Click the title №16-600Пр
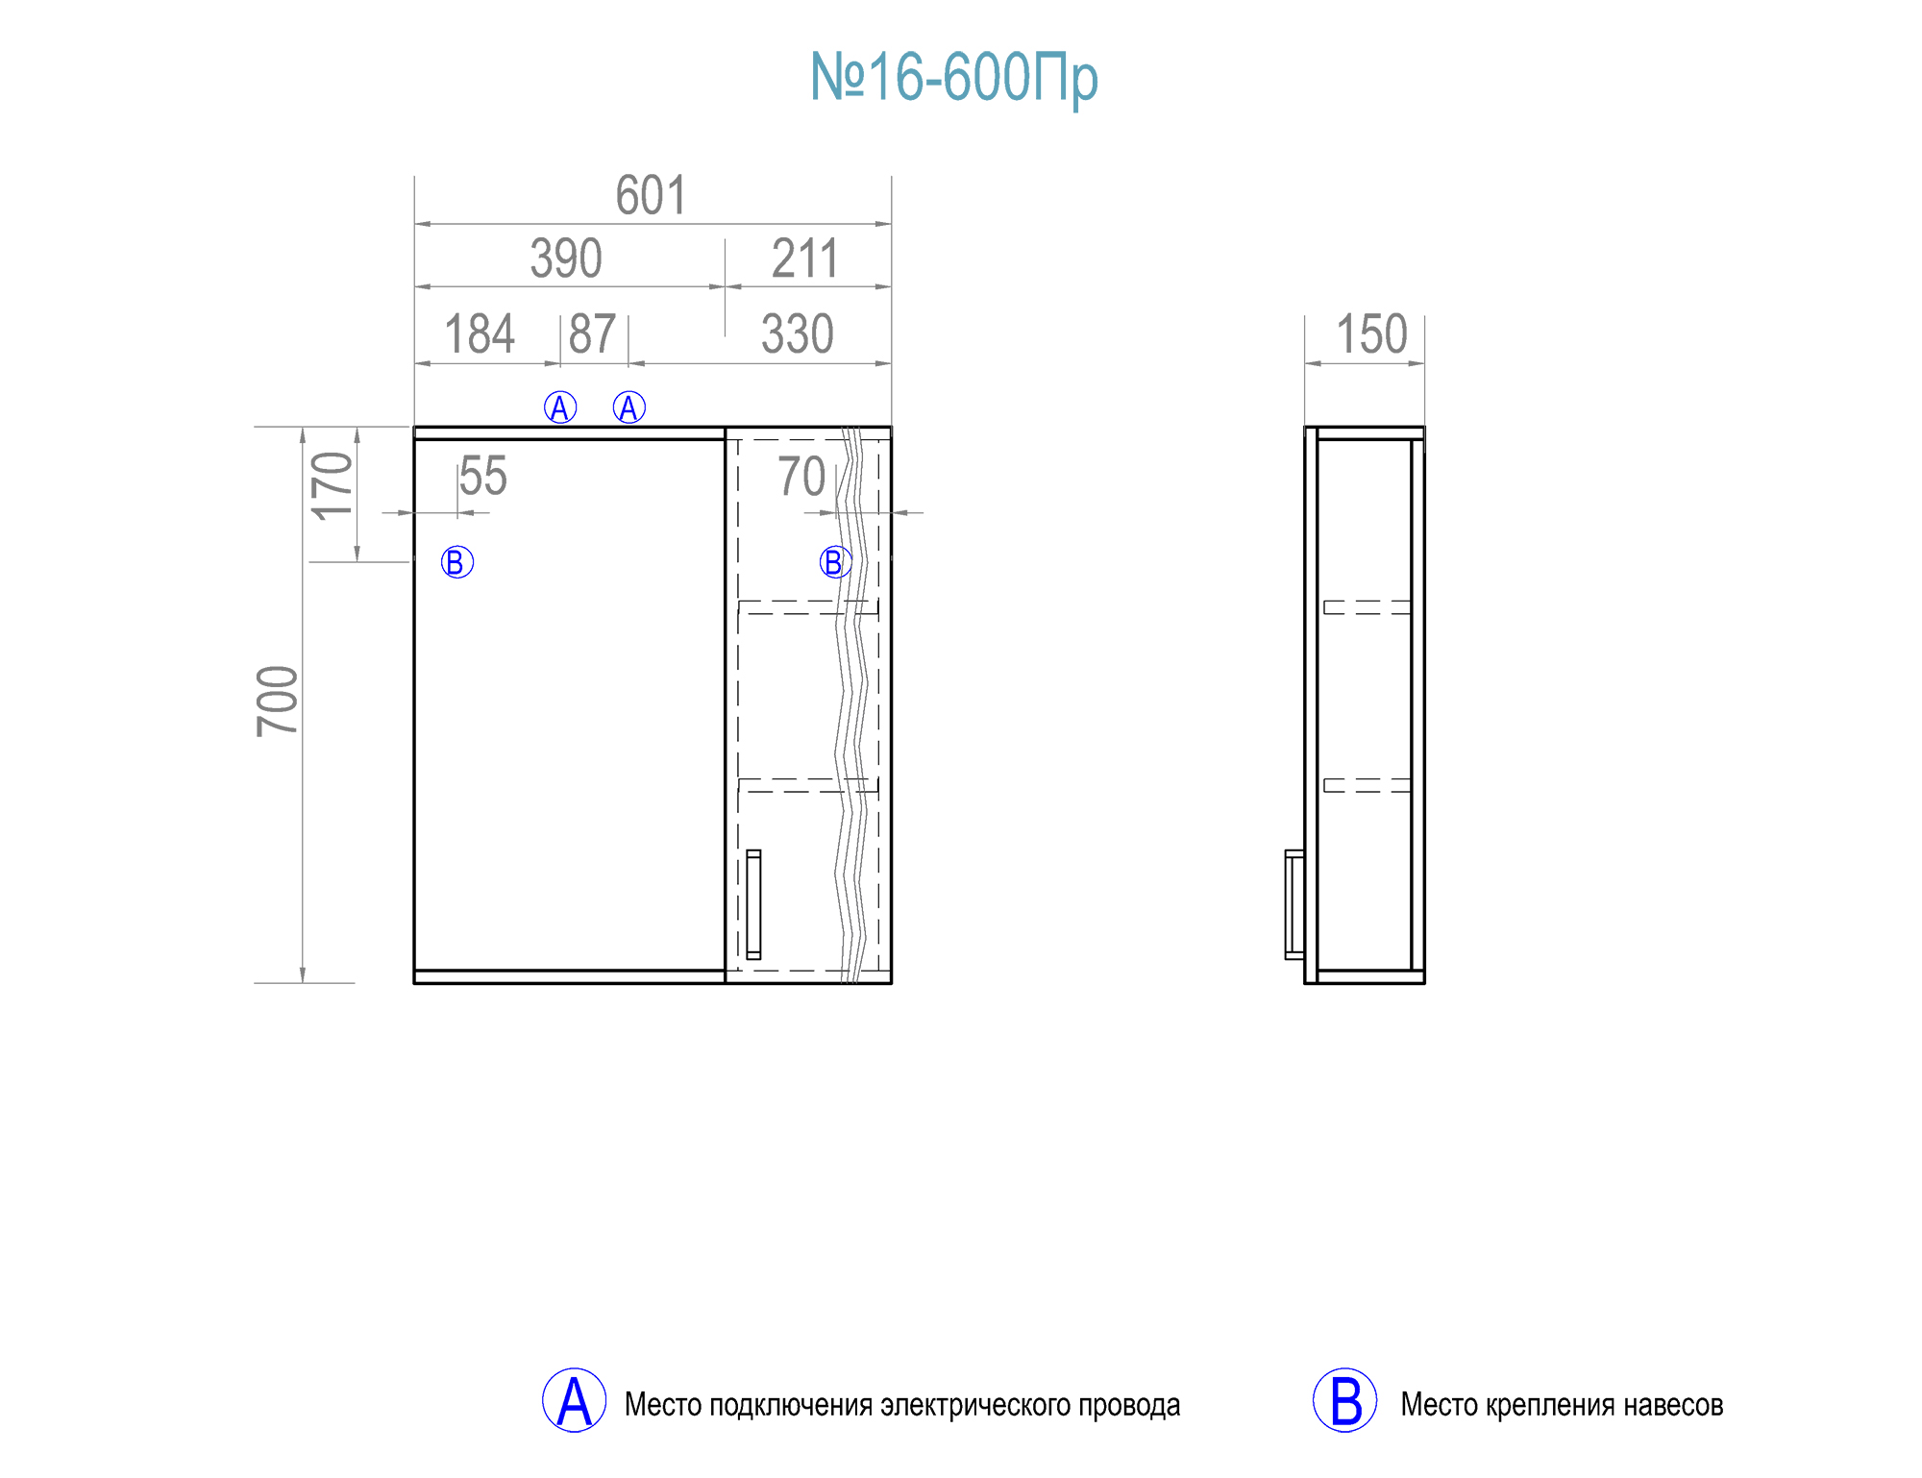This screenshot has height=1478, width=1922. (x=953, y=77)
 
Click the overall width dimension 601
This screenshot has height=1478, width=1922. (x=651, y=196)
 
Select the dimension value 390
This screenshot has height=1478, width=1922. (x=566, y=259)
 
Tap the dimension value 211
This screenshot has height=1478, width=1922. (x=805, y=259)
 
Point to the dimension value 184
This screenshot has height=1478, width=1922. (x=480, y=334)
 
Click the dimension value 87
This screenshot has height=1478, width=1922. (x=592, y=334)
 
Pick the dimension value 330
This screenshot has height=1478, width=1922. (x=797, y=334)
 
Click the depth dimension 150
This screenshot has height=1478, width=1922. (x=1371, y=334)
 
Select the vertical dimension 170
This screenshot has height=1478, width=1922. (x=333, y=486)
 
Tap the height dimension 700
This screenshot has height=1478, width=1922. (x=278, y=702)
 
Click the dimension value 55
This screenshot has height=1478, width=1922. (x=482, y=477)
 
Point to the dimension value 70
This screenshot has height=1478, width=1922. (x=801, y=477)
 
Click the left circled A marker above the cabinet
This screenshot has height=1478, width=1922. (x=560, y=407)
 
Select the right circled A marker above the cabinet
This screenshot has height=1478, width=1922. (x=629, y=407)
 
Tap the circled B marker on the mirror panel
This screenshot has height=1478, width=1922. (x=457, y=562)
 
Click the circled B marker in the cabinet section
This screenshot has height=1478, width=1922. (x=835, y=562)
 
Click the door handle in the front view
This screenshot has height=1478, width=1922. (x=753, y=904)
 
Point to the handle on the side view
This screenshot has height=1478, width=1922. (x=1294, y=904)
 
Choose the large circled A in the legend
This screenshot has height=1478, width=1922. (x=574, y=1400)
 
